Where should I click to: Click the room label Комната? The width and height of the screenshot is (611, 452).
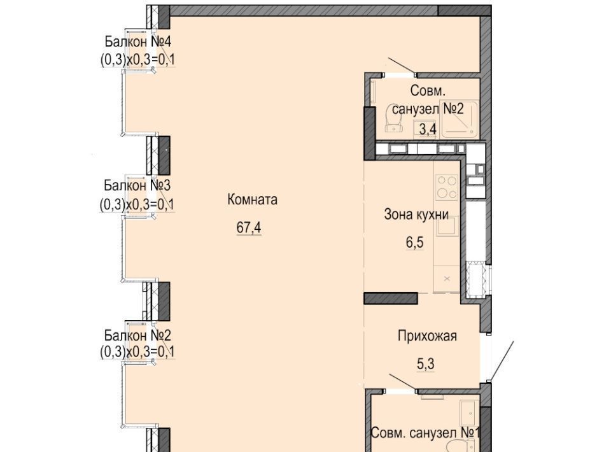coord(253,200)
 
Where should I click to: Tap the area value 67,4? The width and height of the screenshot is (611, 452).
coord(249,227)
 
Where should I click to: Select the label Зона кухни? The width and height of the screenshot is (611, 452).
coord(416,215)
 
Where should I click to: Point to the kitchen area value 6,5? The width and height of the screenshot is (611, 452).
coord(414,243)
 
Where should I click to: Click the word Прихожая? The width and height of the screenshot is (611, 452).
coord(427,336)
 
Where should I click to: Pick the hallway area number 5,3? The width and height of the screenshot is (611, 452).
coord(426,364)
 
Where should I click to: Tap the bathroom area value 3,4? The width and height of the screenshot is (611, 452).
coord(428,129)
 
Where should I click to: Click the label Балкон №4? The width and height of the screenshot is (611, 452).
coord(138,41)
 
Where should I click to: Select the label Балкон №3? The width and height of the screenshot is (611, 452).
coord(137,185)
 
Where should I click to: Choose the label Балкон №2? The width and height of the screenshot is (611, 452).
coord(137,335)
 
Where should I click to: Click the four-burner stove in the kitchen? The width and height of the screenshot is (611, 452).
coord(447,187)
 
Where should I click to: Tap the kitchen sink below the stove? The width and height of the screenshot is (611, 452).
coord(447,226)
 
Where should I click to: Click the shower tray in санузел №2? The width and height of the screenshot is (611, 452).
coord(460,119)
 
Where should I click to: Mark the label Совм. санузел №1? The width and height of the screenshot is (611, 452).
coord(425,433)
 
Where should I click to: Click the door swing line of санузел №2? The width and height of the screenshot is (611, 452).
coord(402,66)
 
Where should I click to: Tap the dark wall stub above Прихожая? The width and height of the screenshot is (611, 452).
coord(390,299)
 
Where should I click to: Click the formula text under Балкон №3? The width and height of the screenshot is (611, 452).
coord(137,204)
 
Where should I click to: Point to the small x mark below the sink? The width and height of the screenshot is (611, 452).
coord(447,279)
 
